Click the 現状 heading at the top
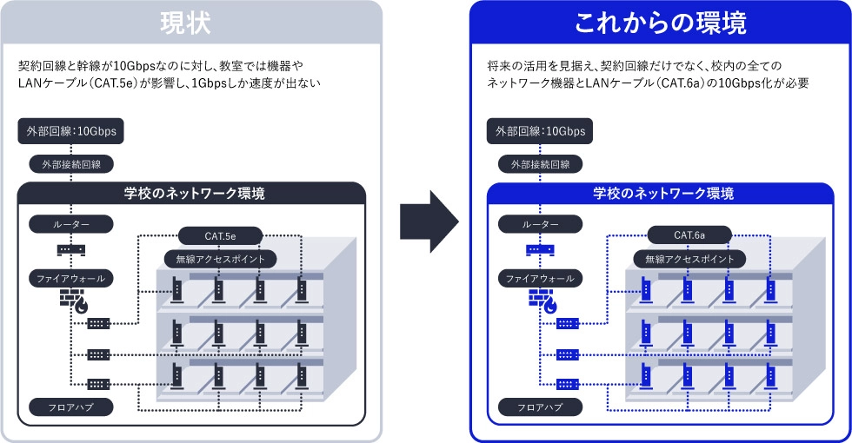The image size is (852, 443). [190, 23]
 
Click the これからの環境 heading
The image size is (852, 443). [660, 23]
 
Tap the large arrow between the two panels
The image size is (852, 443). [428, 222]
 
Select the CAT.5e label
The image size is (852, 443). [218, 235]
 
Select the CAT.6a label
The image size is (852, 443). [689, 235]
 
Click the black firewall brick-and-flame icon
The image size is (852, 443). [73, 301]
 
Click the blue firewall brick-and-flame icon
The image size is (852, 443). [542, 301]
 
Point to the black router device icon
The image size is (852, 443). [70, 250]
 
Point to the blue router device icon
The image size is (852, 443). [540, 250]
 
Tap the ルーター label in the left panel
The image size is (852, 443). [70, 224]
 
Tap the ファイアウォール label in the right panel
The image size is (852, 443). [540, 279]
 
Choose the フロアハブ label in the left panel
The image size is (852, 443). [70, 407]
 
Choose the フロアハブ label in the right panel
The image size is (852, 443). [540, 407]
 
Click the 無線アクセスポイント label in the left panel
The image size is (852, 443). [221, 259]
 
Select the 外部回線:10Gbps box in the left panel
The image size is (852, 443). [70, 132]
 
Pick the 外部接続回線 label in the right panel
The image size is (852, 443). [540, 163]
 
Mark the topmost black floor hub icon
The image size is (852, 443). [97, 324]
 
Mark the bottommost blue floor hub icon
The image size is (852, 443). [567, 384]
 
